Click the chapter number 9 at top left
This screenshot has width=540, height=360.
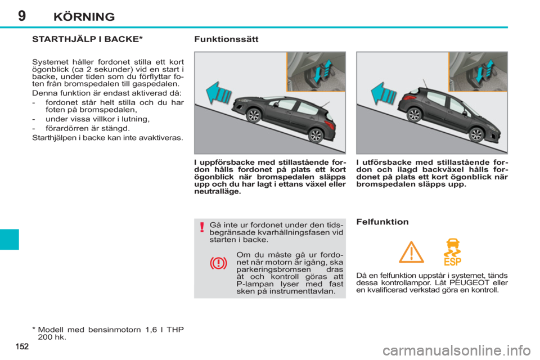[21, 16]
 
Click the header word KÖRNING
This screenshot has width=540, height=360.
[84, 16]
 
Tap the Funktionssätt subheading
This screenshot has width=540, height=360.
[226, 39]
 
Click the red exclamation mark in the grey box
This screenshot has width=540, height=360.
[201, 228]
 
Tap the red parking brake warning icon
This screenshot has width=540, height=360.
[218, 263]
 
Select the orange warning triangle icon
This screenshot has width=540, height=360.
[411, 253]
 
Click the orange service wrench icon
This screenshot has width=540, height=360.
[452, 251]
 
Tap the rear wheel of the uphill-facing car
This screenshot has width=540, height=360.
[316, 136]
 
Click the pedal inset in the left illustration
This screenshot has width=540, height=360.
[317, 71]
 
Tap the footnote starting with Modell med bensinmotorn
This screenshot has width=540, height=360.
[107, 331]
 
